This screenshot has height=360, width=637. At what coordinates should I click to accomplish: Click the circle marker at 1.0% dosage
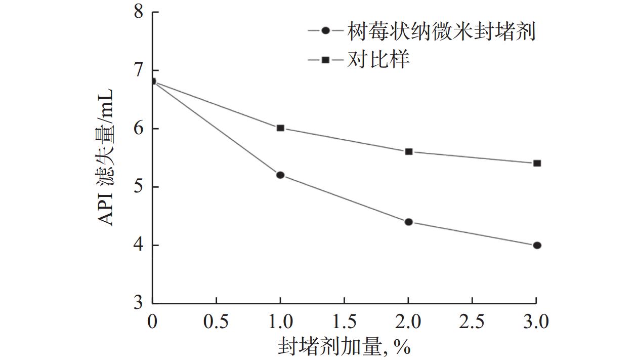point(280,175)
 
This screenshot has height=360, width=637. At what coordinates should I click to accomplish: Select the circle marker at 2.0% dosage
point(409,222)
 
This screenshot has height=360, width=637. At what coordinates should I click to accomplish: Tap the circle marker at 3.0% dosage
point(537,245)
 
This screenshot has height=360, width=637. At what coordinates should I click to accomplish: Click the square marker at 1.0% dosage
point(280,128)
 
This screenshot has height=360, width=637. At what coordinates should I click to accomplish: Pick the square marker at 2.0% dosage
point(409,151)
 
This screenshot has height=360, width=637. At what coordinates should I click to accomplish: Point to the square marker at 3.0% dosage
point(537,163)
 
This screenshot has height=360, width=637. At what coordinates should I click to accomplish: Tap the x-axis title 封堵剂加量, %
point(344,347)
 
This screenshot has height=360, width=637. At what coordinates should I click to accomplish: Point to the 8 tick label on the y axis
point(138,12)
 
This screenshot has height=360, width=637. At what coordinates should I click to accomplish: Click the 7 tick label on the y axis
point(138,71)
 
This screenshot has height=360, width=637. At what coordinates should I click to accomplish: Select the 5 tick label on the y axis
point(138,187)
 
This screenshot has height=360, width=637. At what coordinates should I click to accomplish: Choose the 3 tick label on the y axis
point(138,304)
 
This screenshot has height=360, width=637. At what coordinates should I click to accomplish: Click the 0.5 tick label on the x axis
point(216,322)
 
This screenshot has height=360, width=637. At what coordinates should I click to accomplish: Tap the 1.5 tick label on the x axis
point(344,322)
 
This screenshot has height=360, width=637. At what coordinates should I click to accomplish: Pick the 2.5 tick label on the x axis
point(473,322)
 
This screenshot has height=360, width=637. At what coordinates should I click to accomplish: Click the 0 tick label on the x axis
point(152,322)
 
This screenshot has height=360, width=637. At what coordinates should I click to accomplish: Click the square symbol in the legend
point(326,60)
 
